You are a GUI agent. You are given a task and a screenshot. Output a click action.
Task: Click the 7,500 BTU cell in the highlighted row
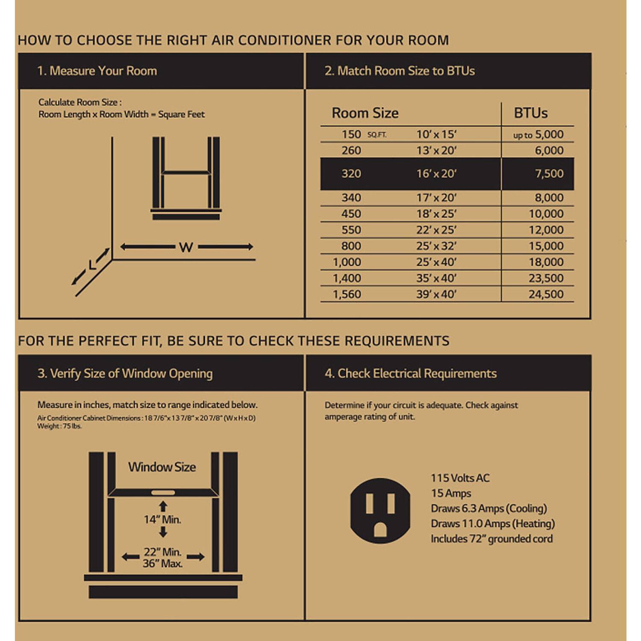tap(549, 173)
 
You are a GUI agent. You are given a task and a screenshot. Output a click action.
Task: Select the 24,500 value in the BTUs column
tap(546, 294)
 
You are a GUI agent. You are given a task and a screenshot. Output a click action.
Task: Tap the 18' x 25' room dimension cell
tap(436, 214)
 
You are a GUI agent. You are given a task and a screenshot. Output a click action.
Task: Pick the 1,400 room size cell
tap(347, 278)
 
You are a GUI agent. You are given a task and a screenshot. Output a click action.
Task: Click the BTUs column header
tap(530, 113)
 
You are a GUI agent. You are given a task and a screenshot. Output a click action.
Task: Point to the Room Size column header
tap(365, 113)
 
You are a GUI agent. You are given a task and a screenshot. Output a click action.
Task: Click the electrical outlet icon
tap(380, 511)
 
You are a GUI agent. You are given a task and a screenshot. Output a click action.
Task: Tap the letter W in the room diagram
tap(186, 247)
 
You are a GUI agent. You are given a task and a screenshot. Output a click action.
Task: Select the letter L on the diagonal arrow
tap(92, 266)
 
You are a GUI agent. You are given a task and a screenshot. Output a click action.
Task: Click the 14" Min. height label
tap(162, 520)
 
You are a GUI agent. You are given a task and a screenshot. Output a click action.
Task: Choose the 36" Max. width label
tap(162, 564)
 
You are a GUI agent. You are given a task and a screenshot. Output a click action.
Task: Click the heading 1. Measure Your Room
tap(97, 71)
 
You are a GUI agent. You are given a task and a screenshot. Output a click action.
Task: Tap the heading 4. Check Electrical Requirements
tap(410, 373)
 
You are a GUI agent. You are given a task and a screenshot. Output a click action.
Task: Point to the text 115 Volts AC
tap(460, 478)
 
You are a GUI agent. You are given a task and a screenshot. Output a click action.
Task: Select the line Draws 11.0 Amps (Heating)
tap(492, 523)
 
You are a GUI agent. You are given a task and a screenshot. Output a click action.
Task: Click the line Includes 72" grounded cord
tap(491, 539)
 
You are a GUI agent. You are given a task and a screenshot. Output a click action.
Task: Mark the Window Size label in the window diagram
tap(162, 467)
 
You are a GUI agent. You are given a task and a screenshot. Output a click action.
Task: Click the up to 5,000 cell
tap(538, 135)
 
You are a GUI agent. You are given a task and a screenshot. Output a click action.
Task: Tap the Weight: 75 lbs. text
tap(59, 426)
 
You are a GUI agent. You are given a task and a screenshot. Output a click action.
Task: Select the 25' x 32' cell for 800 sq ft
tap(436, 246)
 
